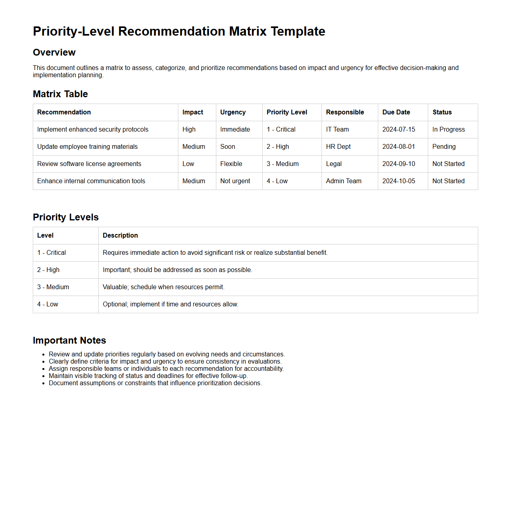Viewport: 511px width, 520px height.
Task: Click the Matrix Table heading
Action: pyautogui.click(x=60, y=94)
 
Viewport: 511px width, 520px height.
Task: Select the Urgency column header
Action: pyautogui.click(x=233, y=112)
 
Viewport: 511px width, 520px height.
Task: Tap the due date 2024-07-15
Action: pyautogui.click(x=399, y=130)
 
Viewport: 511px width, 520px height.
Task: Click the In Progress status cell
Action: pyautogui.click(x=448, y=130)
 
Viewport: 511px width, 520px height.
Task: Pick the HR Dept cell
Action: pyautogui.click(x=338, y=147)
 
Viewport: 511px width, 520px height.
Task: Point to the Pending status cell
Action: pyautogui.click(x=444, y=147)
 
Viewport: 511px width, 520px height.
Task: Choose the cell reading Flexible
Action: pyautogui.click(x=231, y=164)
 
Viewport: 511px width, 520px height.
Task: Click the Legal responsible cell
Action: pyautogui.click(x=334, y=164)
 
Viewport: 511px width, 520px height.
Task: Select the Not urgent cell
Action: pyautogui.click(x=235, y=181)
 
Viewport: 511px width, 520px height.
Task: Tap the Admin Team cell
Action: pyautogui.click(x=343, y=181)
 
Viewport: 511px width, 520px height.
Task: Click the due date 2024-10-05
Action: pyautogui.click(x=399, y=181)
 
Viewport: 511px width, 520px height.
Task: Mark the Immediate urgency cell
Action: pyautogui.click(x=235, y=130)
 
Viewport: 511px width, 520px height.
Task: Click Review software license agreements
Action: pyautogui.click(x=89, y=164)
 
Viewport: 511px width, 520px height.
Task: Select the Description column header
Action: pyautogui.click(x=120, y=236)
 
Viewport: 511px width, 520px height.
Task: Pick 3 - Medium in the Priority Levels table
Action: pyautogui.click(x=53, y=287)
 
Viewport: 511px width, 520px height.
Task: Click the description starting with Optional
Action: pyautogui.click(x=170, y=304)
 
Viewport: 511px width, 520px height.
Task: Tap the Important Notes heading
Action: pyautogui.click(x=70, y=340)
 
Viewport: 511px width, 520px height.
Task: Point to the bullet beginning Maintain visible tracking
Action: pyautogui.click(x=148, y=376)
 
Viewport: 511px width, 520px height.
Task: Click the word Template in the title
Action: pyautogui.click(x=298, y=31)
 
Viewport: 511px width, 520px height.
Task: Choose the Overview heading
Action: pyautogui.click(x=54, y=52)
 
